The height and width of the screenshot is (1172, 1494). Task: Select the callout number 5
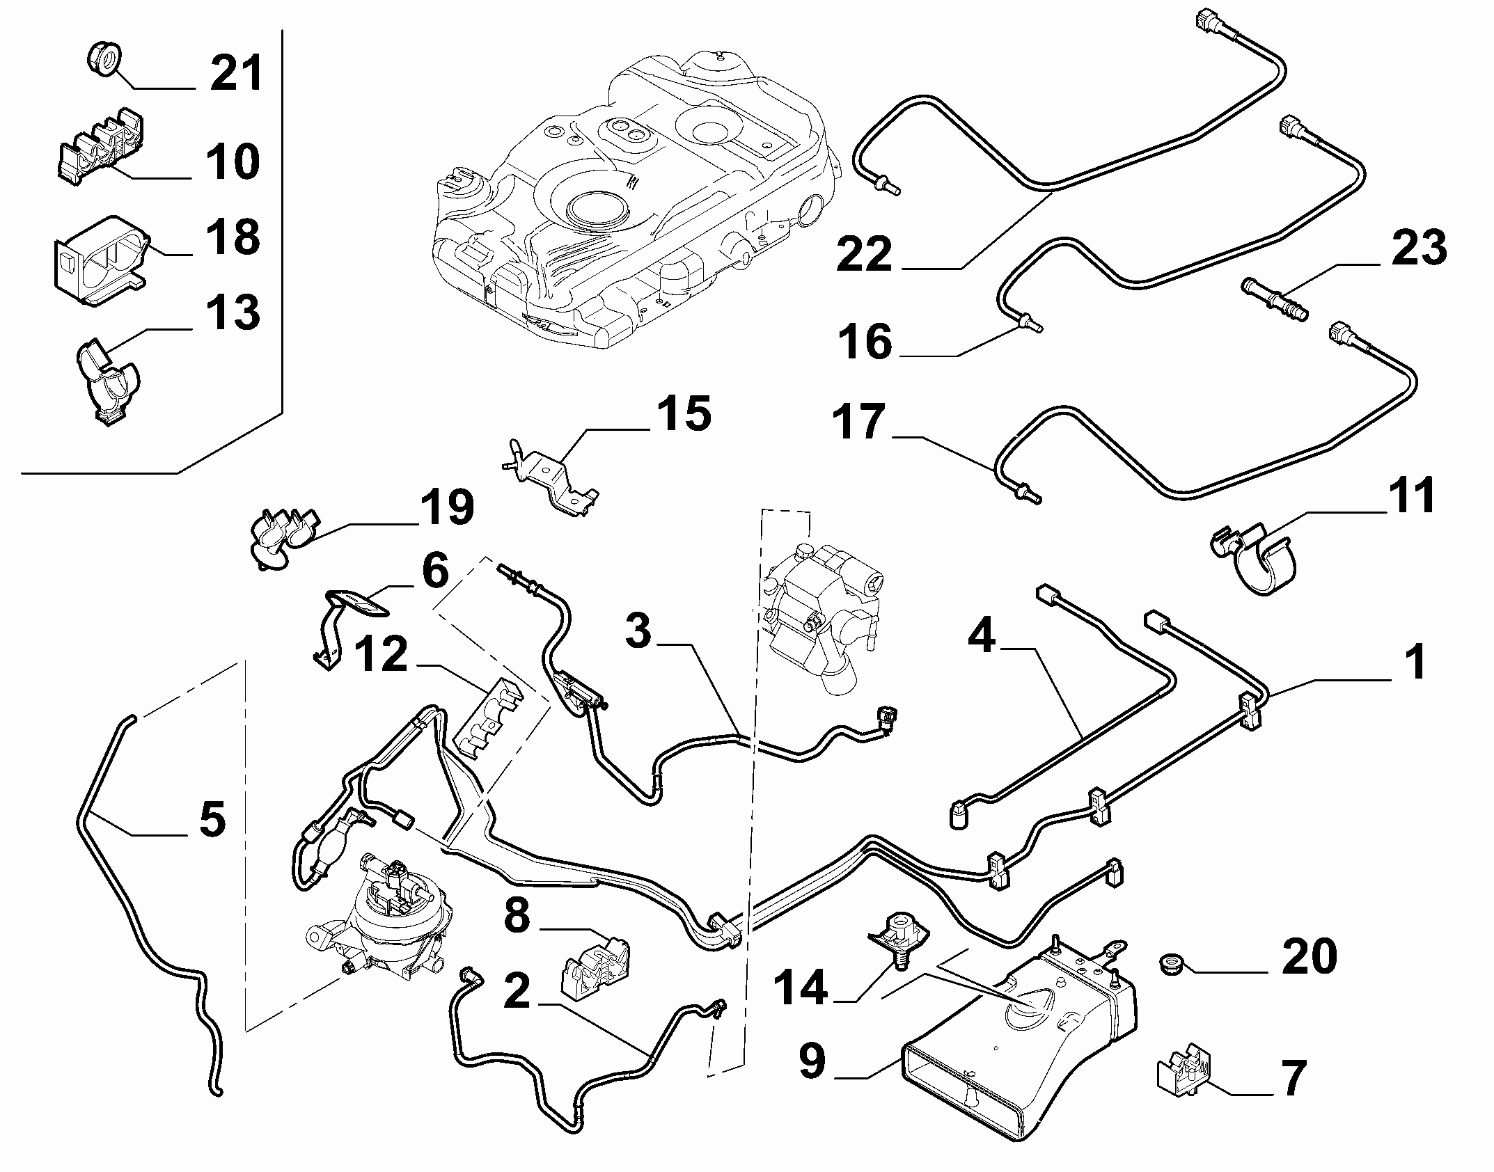click(212, 819)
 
